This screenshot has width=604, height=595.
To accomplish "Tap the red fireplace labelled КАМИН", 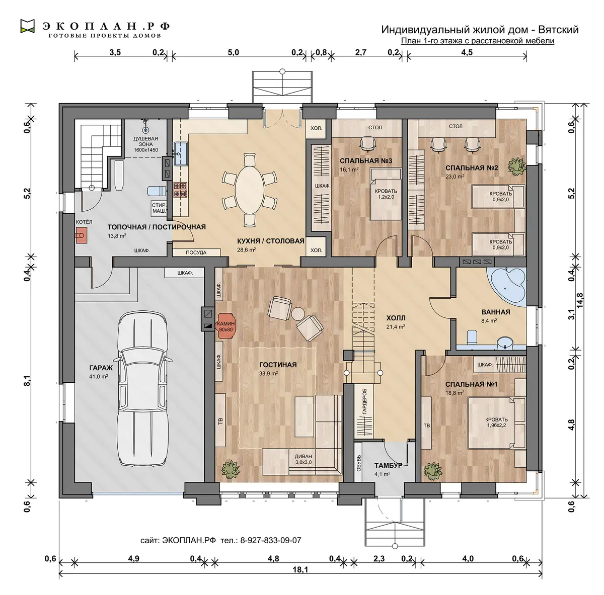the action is pos(225,326).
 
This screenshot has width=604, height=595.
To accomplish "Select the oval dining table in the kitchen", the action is pos(250,190).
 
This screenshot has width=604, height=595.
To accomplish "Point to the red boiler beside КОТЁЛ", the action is pos(81,235).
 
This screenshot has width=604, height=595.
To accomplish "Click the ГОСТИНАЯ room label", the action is pos(278,365).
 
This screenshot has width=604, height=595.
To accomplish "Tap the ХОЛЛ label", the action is pos(396,318).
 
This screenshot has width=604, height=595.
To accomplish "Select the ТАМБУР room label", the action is pos(388,465).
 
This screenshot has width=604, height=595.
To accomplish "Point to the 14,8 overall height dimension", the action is pos(579,300).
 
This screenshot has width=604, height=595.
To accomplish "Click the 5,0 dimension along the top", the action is pos(233,52).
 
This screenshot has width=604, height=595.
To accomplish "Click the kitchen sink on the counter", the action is pos(181,154).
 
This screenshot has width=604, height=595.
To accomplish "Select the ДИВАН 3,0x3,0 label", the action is pos(303,459).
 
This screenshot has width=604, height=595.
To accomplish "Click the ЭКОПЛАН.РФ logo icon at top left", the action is pos(27,26).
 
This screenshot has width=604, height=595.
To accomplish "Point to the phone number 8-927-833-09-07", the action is pos(270,540).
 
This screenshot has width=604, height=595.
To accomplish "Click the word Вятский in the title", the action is pos(558,30).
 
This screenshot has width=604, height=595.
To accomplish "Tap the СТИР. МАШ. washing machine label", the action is pos(159,208).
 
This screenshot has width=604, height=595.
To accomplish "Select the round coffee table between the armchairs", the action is pos(298,313).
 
